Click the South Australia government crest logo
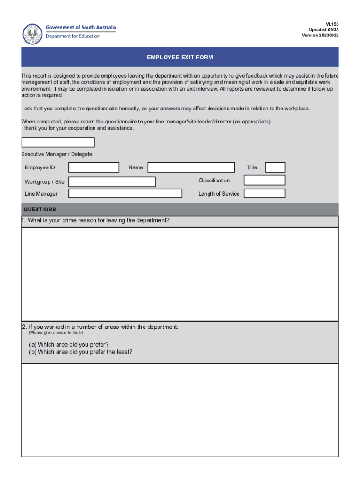(x=33, y=34)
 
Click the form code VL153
(x=332, y=24)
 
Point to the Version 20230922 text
(x=320, y=35)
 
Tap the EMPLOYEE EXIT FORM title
(x=180, y=58)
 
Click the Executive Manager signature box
(x=58, y=142)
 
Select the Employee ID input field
(x=94, y=167)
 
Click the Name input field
(x=191, y=167)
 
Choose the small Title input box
(x=275, y=167)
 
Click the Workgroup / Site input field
(x=112, y=181)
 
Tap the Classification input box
(x=264, y=180)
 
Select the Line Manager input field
(x=125, y=194)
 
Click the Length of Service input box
(x=264, y=194)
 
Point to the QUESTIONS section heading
(x=40, y=210)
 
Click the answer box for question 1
(x=180, y=274)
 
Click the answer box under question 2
(x=180, y=410)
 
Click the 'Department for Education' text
(x=72, y=36)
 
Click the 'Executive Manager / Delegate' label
(x=57, y=154)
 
